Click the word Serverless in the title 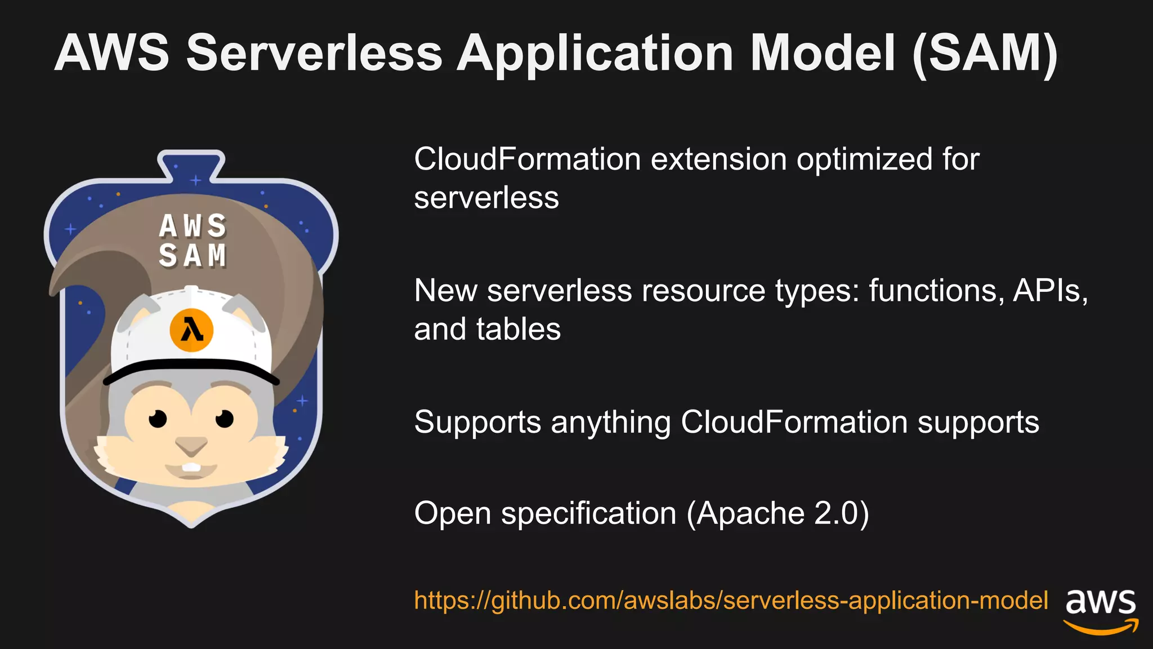pos(314,53)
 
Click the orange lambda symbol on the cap pos(191,330)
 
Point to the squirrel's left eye pos(158,419)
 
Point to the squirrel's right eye pos(225,419)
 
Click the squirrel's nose pos(191,447)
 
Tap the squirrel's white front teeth pos(191,468)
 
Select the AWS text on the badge pos(193,226)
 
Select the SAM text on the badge pos(193,256)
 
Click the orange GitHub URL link pos(730,601)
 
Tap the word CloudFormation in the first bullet pos(527,159)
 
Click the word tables pos(519,330)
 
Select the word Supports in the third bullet pos(477,423)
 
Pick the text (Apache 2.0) pos(777,514)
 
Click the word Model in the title pos(822,53)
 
